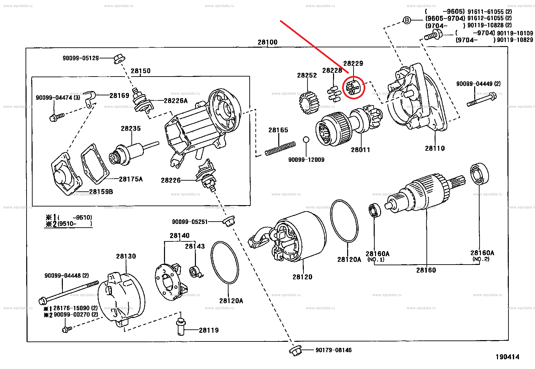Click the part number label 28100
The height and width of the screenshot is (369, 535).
267,42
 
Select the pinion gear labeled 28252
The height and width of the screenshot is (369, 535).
308,102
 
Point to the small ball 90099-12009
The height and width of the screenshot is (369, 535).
306,140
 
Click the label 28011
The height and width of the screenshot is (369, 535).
360,150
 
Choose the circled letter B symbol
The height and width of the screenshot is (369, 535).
407,20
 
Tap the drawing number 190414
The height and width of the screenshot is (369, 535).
507,357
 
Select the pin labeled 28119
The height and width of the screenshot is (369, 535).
181,326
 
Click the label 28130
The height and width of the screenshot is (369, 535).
126,256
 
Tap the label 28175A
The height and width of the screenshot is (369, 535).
131,179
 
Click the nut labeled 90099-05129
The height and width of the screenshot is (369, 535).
118,59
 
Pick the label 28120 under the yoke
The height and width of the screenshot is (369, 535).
302,277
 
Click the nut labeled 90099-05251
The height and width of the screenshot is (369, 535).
229,222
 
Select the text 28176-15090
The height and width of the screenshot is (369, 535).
71,308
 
